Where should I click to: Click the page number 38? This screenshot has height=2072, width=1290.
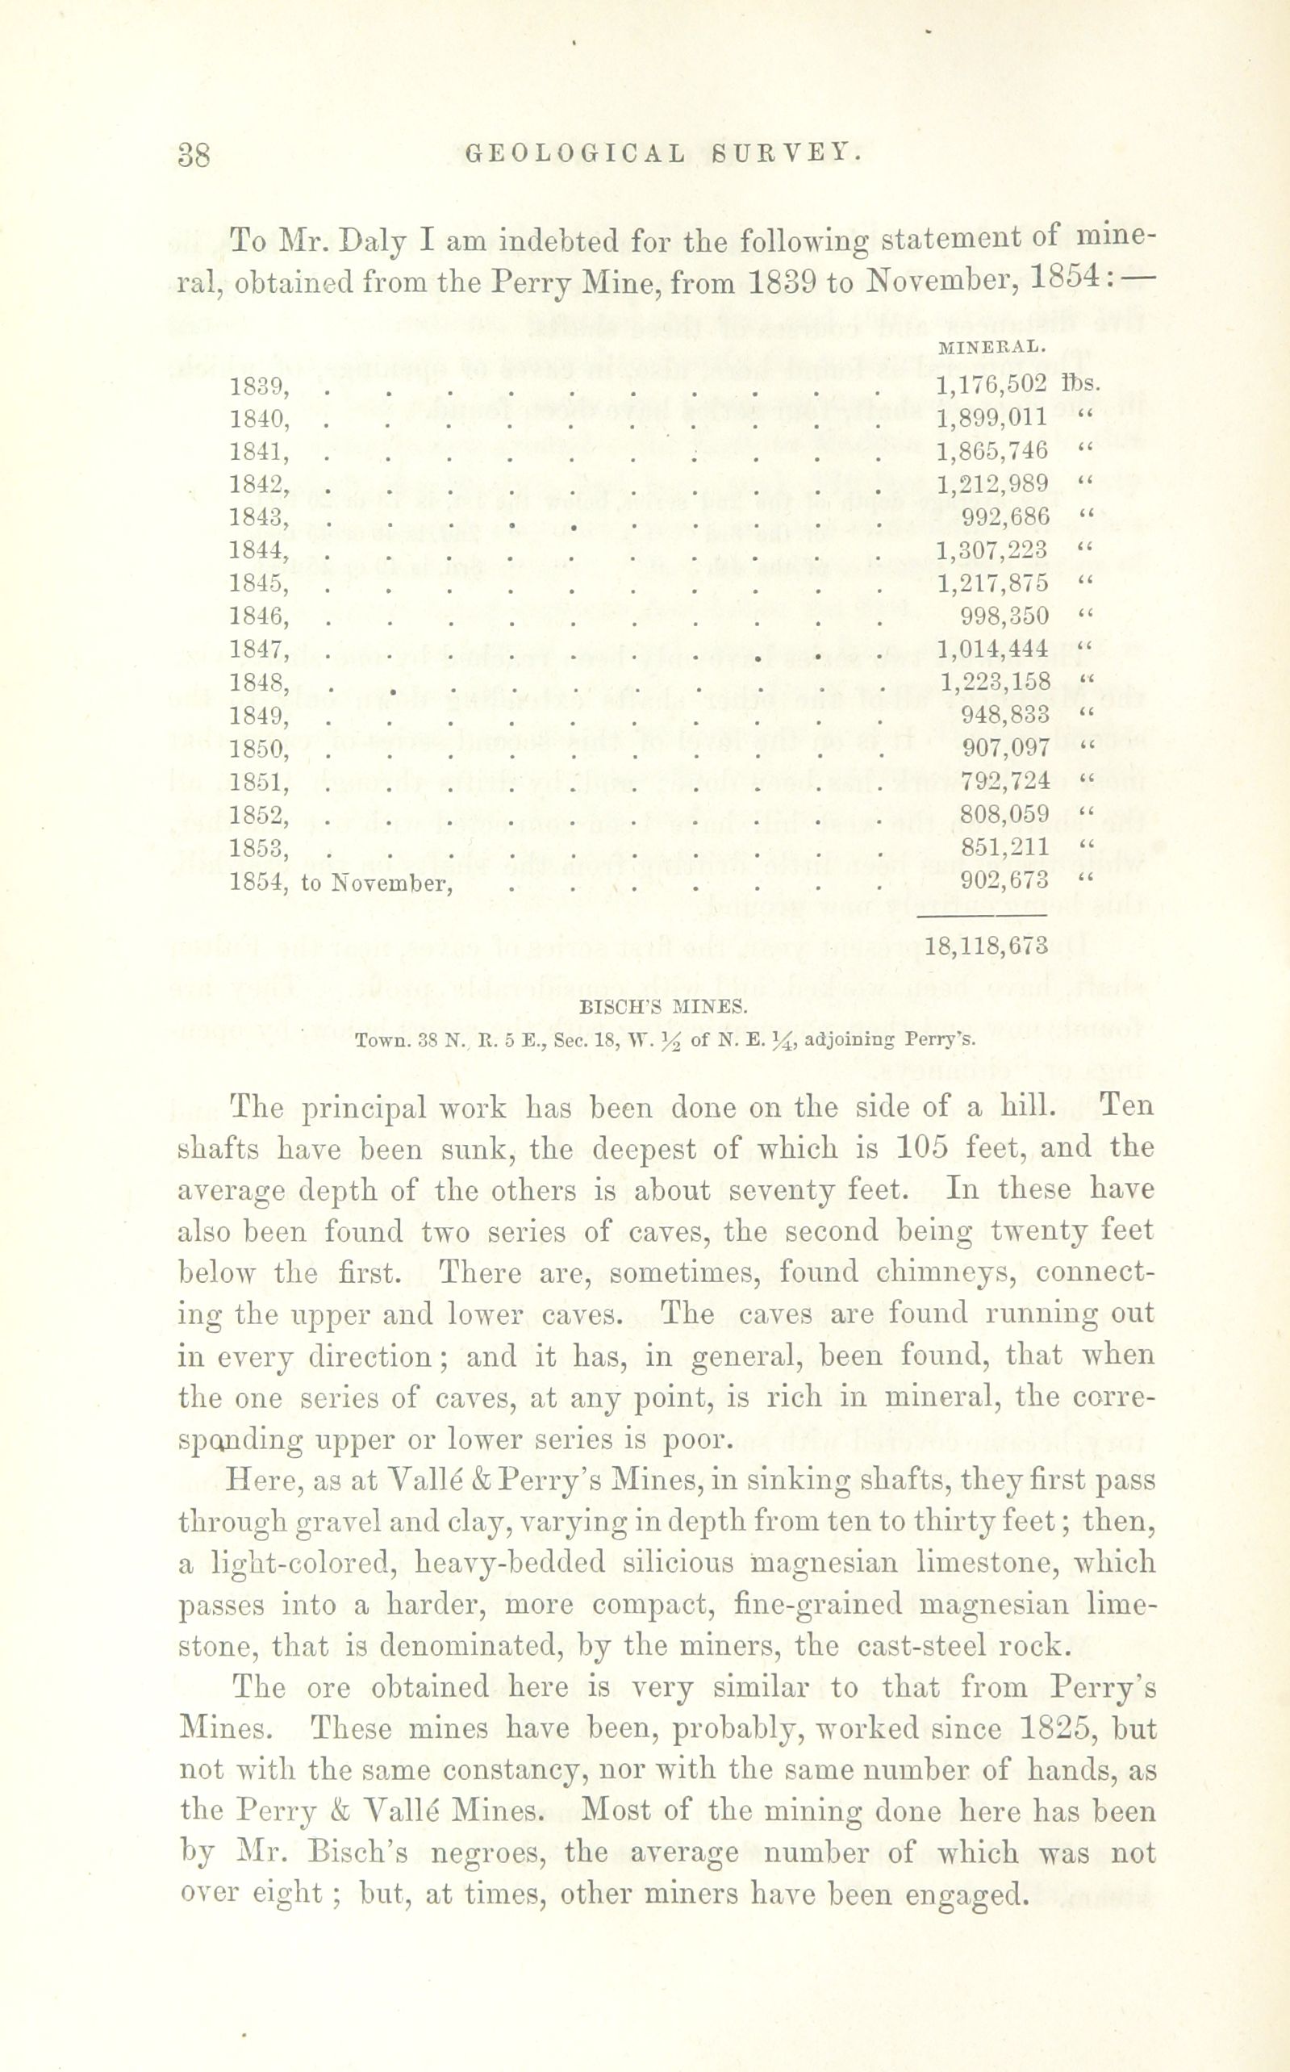(194, 154)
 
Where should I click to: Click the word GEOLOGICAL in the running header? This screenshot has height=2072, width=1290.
(576, 153)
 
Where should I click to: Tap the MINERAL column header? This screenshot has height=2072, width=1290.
(991, 347)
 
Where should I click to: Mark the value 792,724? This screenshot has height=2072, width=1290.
(1004, 779)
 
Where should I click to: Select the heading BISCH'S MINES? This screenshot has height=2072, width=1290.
(663, 1008)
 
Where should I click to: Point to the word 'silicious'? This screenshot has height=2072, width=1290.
(678, 1562)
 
